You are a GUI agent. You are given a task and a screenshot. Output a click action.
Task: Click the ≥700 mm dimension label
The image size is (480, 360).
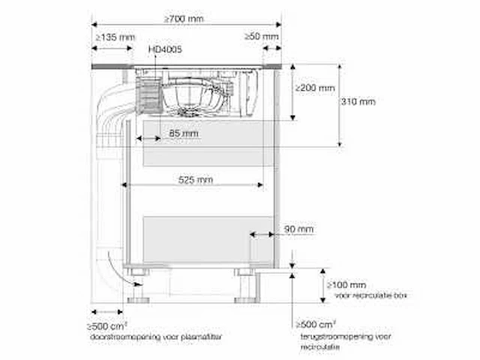click(184, 19)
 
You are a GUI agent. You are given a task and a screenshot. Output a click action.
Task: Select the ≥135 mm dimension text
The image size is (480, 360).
click(115, 37)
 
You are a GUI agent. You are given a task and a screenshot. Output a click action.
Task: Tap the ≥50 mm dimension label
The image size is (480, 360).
click(262, 37)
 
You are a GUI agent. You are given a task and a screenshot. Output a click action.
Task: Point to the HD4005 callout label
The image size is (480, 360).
click(165, 49)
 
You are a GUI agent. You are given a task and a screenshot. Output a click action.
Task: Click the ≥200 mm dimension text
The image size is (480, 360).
click(315, 88)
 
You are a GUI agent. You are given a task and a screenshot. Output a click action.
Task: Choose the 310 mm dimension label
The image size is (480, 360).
click(358, 102)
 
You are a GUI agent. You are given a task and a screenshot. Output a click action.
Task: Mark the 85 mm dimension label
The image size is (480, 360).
click(184, 133)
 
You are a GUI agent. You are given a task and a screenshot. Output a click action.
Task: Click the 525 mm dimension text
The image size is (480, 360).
click(195, 180)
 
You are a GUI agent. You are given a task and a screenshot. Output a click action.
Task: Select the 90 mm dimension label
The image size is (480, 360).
click(298, 229)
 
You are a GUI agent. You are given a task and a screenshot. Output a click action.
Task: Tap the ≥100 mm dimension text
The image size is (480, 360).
click(346, 285)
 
